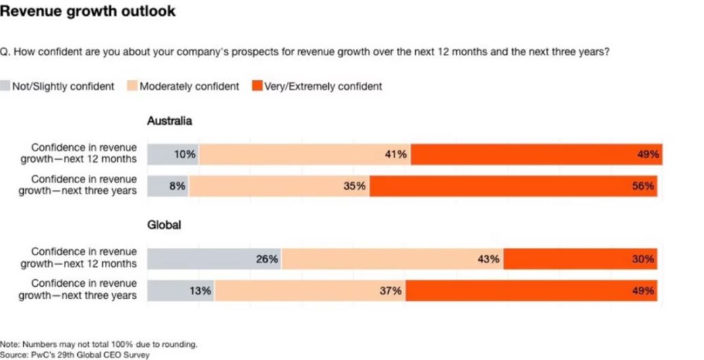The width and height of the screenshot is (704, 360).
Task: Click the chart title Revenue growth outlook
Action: (88, 11)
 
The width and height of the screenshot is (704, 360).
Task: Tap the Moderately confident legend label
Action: (189, 86)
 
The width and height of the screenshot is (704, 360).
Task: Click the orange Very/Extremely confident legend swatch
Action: (256, 86)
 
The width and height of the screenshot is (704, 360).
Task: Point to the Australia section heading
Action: (169, 121)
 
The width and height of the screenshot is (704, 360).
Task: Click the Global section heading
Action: (163, 225)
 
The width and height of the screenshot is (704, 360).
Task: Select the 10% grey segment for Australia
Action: (173, 154)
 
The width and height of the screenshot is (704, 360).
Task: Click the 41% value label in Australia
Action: (397, 154)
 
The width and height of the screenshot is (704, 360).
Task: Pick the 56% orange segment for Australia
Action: (513, 186)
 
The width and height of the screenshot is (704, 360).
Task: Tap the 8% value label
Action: (177, 186)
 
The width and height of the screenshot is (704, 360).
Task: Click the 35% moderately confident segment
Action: (279, 186)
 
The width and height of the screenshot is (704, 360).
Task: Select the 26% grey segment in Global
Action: (214, 258)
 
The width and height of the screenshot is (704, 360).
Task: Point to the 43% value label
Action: (487, 258)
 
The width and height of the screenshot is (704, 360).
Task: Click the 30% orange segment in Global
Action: (580, 258)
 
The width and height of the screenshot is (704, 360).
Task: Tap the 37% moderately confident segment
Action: (310, 291)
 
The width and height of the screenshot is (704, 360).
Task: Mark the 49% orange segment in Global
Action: (531, 291)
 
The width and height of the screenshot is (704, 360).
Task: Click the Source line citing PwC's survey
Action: (75, 355)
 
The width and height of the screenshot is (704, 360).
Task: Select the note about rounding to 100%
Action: (99, 344)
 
